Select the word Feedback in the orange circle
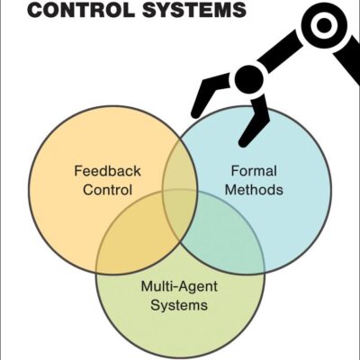pyautogui.click(x=107, y=169)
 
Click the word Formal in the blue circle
pyautogui.click(x=247, y=169)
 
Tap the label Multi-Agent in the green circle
pyautogui.click(x=179, y=287)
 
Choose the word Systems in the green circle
pyautogui.click(x=180, y=306)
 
